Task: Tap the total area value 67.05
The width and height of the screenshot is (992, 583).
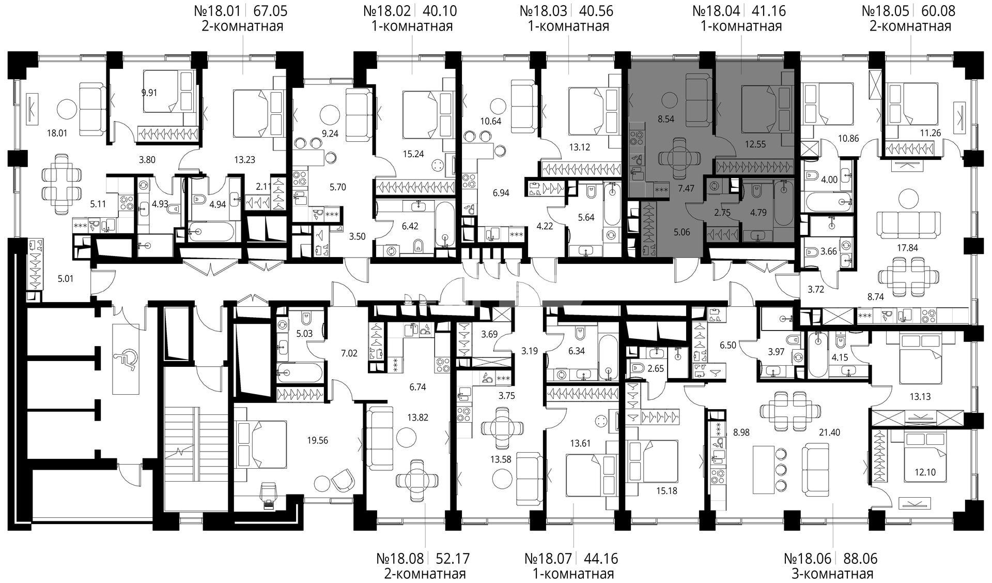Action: (x=269, y=10)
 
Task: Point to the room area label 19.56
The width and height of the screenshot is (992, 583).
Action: (x=317, y=441)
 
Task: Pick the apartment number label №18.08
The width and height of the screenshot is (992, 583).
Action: (x=399, y=559)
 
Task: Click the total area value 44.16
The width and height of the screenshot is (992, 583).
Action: (x=600, y=559)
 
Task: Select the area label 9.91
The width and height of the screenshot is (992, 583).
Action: (x=149, y=93)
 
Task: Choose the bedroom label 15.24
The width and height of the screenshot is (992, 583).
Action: (x=413, y=153)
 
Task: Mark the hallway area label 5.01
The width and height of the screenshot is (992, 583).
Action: (x=66, y=279)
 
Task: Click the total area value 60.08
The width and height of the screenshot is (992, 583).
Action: (x=938, y=10)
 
